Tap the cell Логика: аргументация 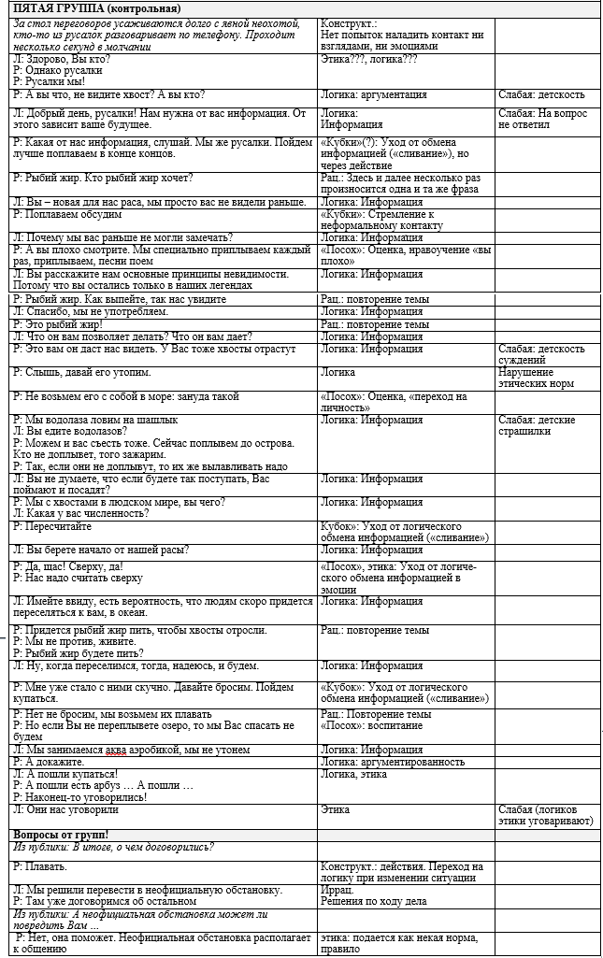(373, 94)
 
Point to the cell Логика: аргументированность (392, 762)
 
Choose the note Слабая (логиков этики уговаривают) (546, 816)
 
